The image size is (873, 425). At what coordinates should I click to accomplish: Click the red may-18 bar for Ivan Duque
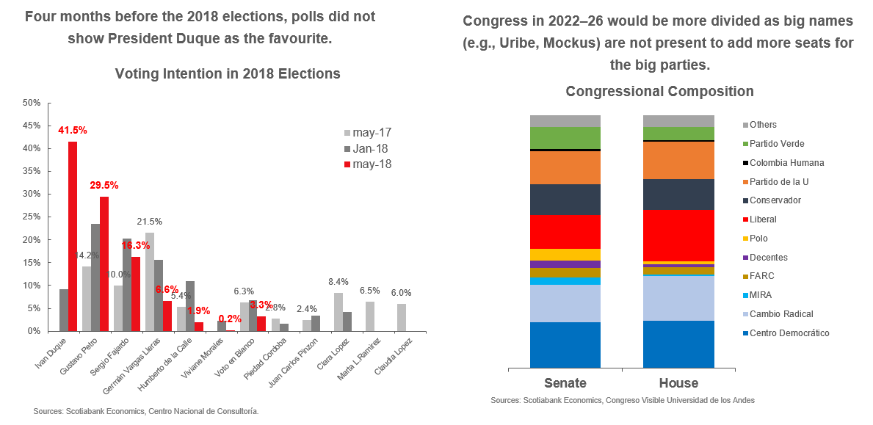point(73,236)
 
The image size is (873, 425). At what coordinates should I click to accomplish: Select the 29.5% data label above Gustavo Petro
point(104,185)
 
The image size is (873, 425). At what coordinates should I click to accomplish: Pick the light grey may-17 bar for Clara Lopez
point(338,312)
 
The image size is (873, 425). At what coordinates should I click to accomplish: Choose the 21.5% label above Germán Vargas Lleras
point(150,222)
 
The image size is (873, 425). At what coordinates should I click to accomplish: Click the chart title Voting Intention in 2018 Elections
point(228,74)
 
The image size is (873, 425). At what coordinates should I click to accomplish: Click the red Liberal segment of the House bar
point(678,235)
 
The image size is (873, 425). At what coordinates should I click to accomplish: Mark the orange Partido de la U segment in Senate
point(565,167)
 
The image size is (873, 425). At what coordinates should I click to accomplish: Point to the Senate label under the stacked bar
point(565,383)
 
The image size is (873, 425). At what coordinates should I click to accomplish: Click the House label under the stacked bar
point(678,383)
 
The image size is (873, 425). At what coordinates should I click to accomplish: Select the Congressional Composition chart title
point(659,92)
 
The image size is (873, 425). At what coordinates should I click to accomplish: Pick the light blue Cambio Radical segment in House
point(678,298)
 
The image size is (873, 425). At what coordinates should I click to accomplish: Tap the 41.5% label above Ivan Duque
point(73,130)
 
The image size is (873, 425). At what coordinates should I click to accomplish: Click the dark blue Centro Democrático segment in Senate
point(565,344)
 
